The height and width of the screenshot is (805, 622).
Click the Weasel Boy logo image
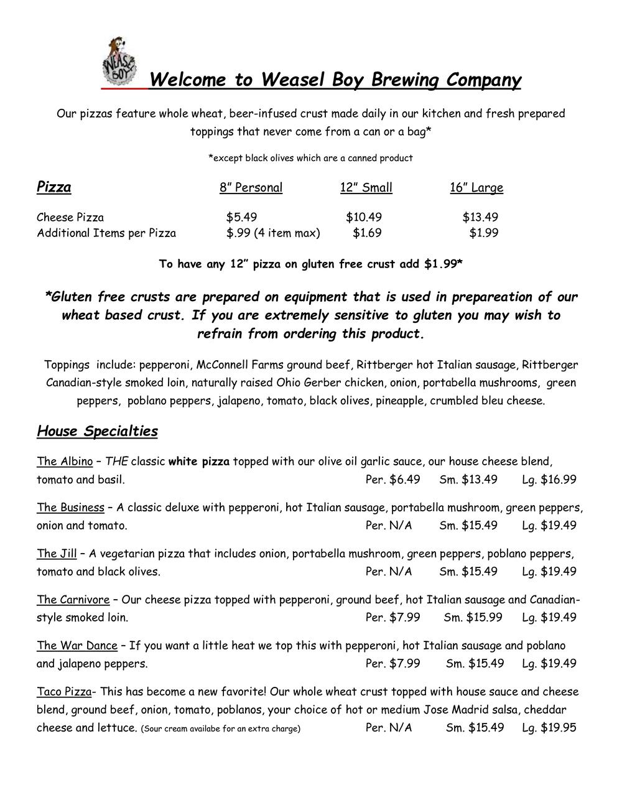(x=119, y=60)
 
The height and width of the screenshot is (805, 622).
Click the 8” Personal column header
(x=251, y=188)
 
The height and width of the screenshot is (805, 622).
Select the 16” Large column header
(x=476, y=188)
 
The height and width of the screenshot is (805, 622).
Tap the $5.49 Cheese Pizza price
(x=241, y=217)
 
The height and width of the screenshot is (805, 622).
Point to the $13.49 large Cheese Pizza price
(x=480, y=217)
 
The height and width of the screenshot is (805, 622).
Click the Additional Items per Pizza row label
(x=106, y=233)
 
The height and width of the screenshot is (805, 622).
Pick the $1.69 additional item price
(x=367, y=233)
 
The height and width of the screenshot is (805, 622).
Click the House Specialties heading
(x=98, y=431)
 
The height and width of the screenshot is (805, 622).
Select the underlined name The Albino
(x=65, y=462)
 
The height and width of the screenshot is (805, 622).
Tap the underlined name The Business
(x=70, y=508)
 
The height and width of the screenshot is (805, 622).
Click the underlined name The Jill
(x=57, y=554)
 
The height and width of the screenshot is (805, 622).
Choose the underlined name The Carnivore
(x=73, y=600)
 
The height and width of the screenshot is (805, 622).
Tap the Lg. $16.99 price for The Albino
(x=549, y=480)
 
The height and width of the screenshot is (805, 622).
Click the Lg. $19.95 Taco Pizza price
(x=549, y=728)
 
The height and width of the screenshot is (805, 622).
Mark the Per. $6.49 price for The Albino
(x=393, y=480)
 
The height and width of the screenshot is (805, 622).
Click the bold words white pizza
(x=199, y=462)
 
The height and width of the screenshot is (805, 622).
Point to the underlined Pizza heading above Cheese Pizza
(x=54, y=187)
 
